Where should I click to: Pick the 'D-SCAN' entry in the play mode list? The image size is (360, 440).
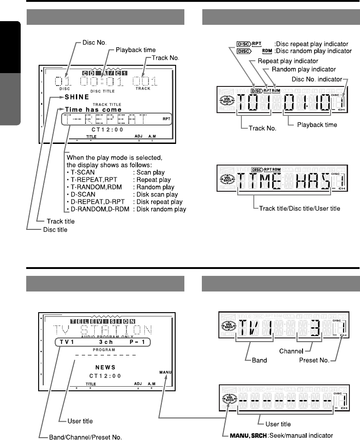coord(83,194)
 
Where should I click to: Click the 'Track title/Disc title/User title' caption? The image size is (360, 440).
coord(297,208)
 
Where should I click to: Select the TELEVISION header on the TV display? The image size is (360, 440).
coord(103,320)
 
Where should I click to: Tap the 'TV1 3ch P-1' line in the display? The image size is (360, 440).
coord(100,342)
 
